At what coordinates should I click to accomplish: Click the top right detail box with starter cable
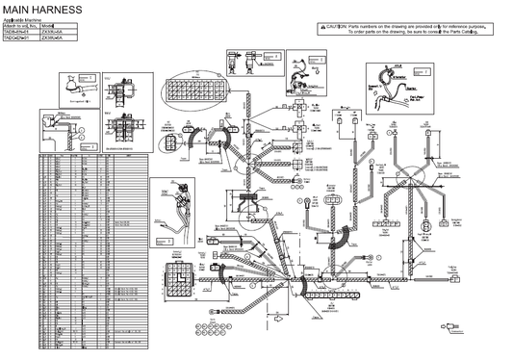(397, 83)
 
